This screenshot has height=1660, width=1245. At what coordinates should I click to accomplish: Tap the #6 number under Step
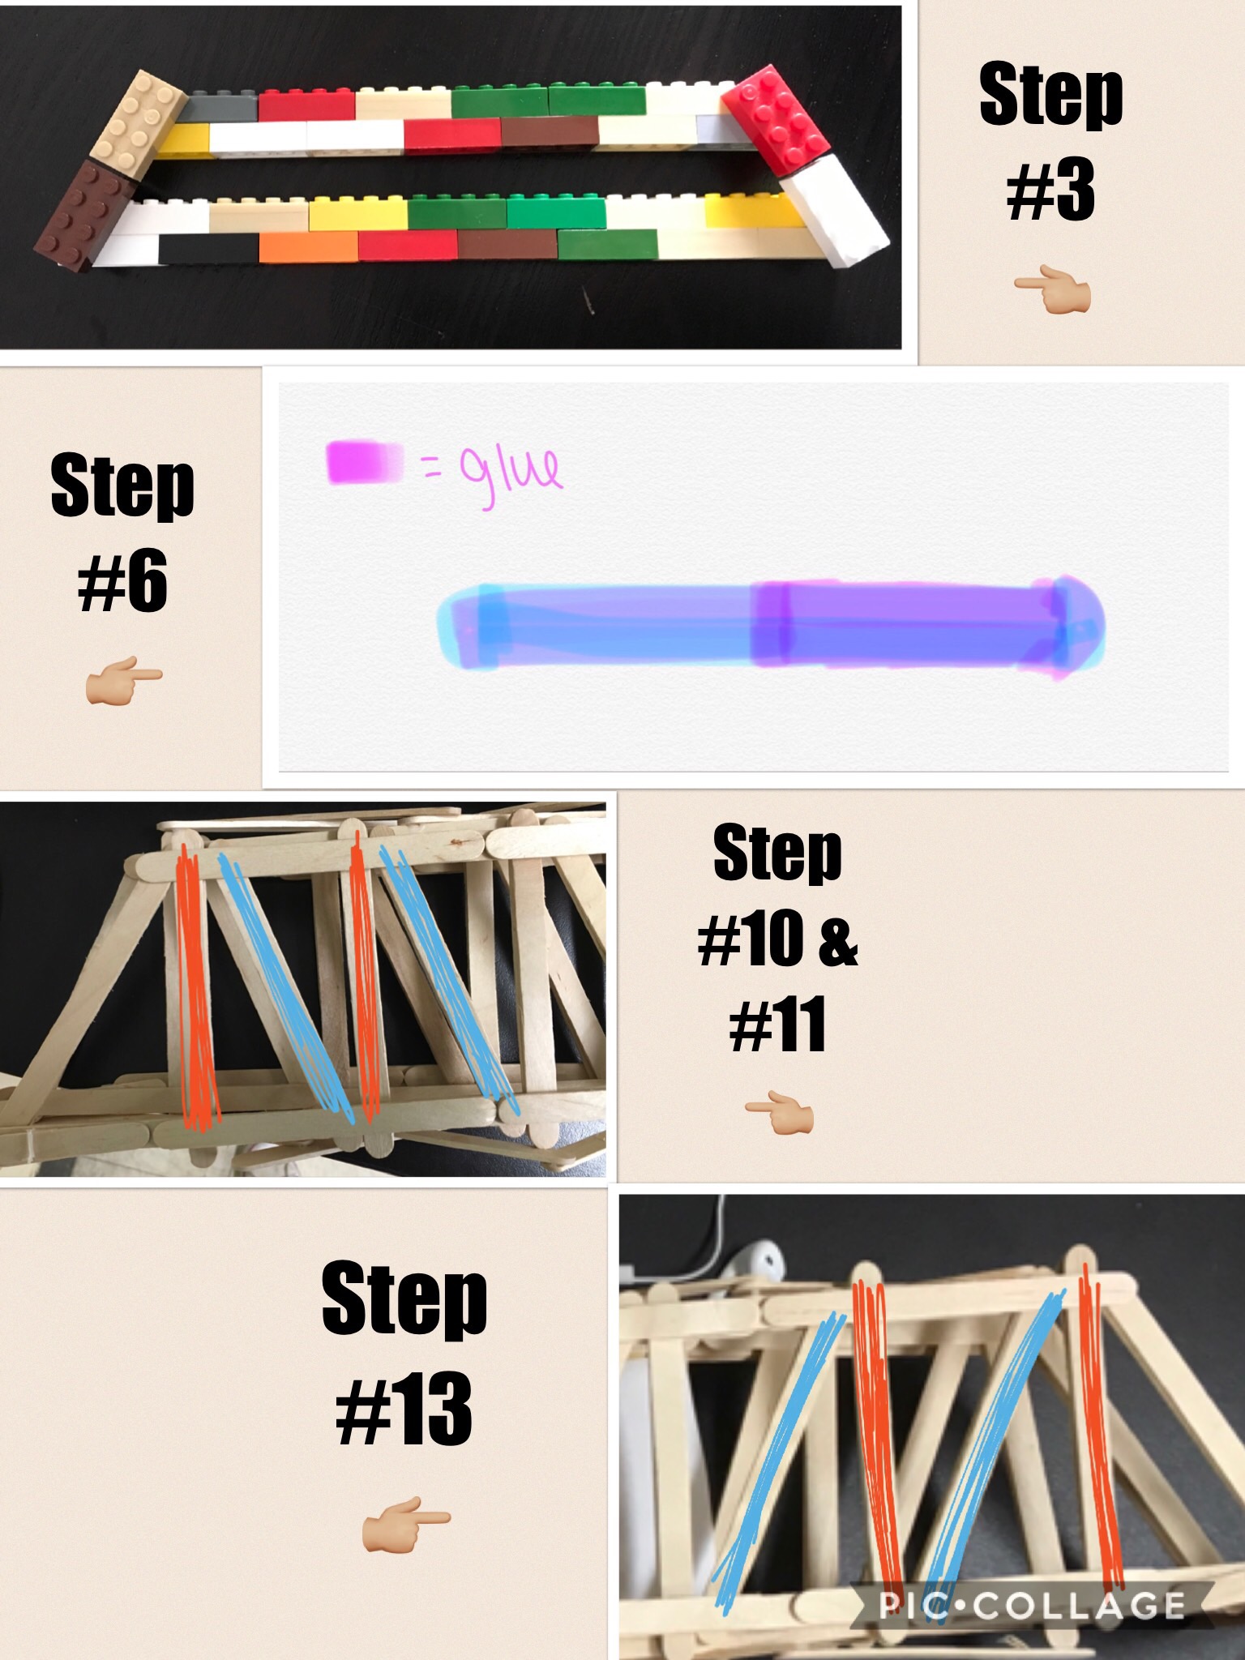[x=123, y=580]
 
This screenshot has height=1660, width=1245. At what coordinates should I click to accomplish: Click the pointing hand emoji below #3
[x=1052, y=293]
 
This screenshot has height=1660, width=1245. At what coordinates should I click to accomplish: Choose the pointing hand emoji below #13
[x=405, y=1525]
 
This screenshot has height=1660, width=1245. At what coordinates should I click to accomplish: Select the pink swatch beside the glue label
[x=365, y=462]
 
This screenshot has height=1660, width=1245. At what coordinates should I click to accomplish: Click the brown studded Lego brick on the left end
[x=84, y=214]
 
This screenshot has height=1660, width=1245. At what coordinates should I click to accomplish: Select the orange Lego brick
[x=309, y=246]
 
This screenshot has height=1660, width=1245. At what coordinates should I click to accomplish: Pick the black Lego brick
[x=208, y=248]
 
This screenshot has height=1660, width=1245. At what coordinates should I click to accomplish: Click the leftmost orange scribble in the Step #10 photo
[x=197, y=986]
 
